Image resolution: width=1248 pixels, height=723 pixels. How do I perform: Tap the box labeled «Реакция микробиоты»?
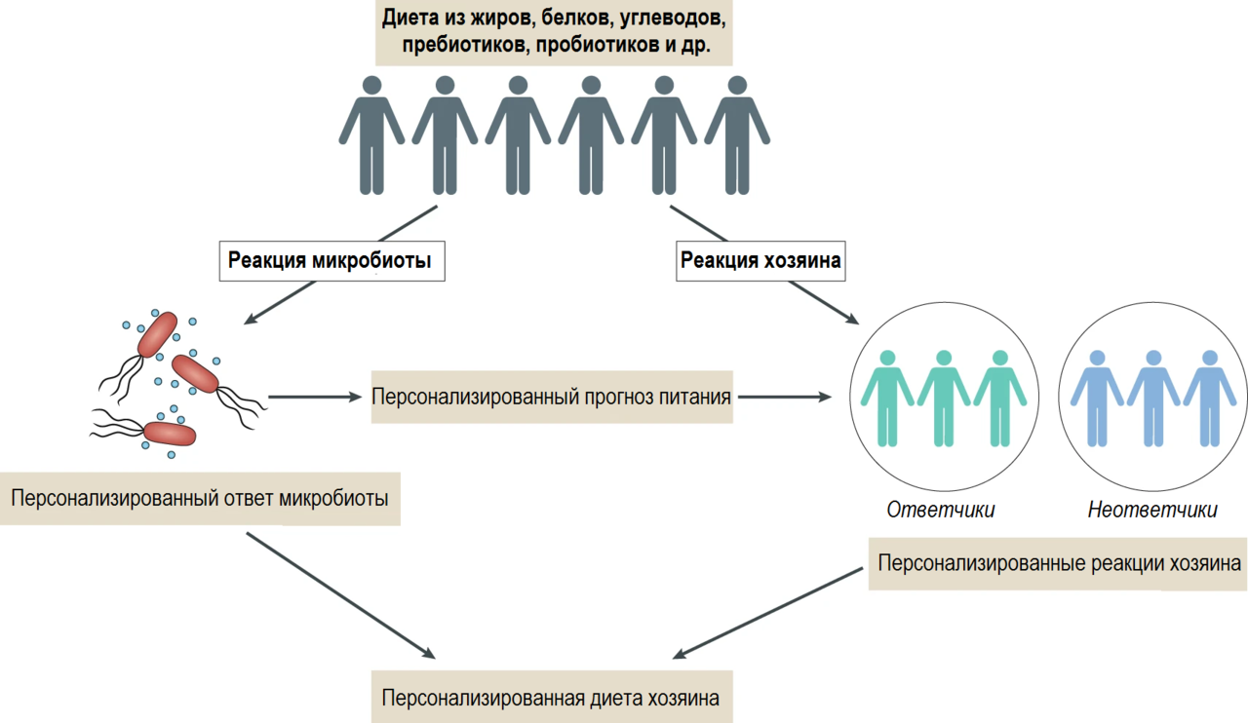(x=332, y=261)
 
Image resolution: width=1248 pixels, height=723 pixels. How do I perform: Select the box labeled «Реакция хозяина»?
(x=760, y=261)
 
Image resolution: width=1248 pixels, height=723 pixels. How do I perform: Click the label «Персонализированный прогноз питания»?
(x=552, y=398)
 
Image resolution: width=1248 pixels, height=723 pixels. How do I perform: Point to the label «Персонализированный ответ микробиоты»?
(x=200, y=499)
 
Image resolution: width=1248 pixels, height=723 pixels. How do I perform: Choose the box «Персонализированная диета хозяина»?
(x=552, y=698)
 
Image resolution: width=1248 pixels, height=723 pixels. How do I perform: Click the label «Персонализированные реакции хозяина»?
(x=1059, y=564)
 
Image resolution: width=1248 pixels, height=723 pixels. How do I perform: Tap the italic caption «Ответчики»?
(x=941, y=510)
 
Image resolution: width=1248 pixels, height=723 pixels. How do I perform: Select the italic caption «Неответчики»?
(x=1152, y=510)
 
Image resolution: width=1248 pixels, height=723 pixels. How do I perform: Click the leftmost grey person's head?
(x=371, y=85)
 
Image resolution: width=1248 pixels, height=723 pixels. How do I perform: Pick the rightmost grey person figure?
(x=737, y=135)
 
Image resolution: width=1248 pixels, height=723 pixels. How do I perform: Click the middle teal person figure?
(x=944, y=399)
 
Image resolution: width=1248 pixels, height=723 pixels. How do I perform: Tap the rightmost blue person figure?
(x=1210, y=399)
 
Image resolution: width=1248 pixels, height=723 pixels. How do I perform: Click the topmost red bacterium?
(x=158, y=334)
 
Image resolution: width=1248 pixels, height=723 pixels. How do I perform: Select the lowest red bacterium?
(x=170, y=434)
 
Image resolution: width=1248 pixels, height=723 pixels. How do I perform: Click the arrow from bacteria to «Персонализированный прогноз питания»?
(x=315, y=398)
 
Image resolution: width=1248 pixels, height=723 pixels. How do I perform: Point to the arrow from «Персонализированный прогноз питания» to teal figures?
(x=785, y=398)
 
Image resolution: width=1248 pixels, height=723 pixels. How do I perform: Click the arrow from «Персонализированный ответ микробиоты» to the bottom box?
(x=341, y=596)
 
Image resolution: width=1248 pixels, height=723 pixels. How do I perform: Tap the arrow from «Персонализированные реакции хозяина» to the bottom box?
(x=767, y=613)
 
